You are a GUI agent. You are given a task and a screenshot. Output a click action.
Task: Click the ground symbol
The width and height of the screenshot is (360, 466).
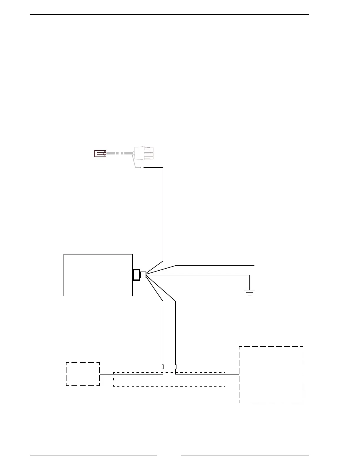click(x=249, y=292)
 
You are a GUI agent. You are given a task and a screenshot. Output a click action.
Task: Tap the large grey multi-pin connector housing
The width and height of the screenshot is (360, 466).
click(x=144, y=153)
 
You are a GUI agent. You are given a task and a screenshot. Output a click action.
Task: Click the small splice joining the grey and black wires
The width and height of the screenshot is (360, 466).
click(x=142, y=167)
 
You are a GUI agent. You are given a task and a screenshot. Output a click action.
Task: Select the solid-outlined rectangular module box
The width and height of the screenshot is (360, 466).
click(x=98, y=275)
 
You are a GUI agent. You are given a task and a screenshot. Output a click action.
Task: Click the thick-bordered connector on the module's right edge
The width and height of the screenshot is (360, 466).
click(x=136, y=275)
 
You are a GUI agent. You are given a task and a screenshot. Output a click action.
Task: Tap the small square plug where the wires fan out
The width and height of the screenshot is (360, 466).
click(x=143, y=275)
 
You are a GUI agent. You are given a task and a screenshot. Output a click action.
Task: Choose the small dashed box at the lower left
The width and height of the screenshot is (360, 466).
click(x=83, y=374)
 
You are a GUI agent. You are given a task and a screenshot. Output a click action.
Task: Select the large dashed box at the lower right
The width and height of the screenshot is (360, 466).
click(x=271, y=375)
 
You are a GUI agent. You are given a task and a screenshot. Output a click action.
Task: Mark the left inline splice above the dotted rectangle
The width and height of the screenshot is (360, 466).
click(x=163, y=367)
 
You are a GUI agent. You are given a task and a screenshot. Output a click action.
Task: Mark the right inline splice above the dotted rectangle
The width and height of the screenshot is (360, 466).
click(x=176, y=367)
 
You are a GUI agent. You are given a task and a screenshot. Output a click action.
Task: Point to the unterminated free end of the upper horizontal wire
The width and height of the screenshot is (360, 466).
click(x=254, y=266)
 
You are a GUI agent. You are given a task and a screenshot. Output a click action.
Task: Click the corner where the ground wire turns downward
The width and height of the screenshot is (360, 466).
click(x=250, y=275)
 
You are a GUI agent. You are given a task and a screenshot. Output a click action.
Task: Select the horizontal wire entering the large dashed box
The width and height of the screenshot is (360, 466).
click(x=232, y=374)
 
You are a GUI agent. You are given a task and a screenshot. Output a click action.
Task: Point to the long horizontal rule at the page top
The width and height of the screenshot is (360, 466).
click(x=169, y=14)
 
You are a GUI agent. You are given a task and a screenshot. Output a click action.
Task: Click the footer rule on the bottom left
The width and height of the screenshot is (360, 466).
click(x=93, y=455)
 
